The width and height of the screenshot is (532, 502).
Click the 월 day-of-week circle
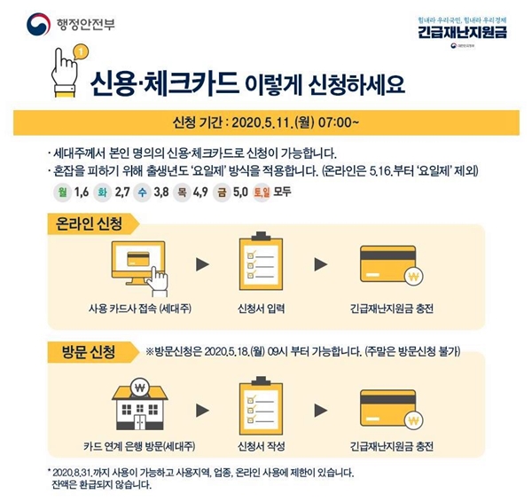[61, 192]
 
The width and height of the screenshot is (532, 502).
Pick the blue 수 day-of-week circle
[142, 192]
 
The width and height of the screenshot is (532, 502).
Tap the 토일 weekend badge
[261, 192]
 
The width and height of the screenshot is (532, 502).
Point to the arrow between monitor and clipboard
[202, 264]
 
